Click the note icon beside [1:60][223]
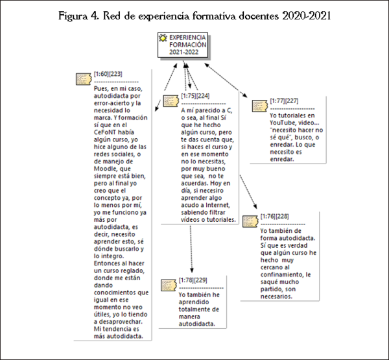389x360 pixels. pyautogui.click(x=83, y=78)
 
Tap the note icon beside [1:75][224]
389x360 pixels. pyautogui.click(x=170, y=101)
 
